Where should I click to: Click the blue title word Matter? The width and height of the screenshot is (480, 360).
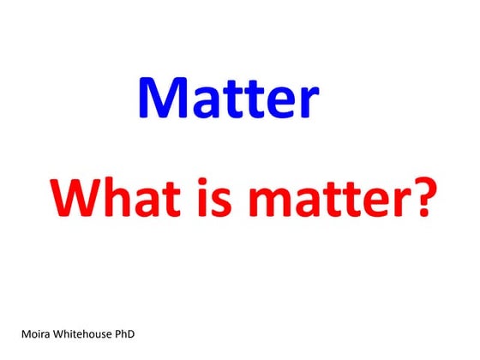point(228,99)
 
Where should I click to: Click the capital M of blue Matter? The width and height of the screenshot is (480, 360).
point(161,99)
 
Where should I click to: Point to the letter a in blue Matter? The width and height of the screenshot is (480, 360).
point(203,104)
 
